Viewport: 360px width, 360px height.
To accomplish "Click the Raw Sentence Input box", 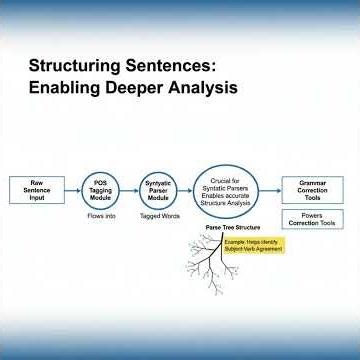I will tap(36, 189).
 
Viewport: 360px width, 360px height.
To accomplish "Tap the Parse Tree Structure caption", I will tap(227, 228).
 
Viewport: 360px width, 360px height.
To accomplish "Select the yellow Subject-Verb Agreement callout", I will tap(259, 245).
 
